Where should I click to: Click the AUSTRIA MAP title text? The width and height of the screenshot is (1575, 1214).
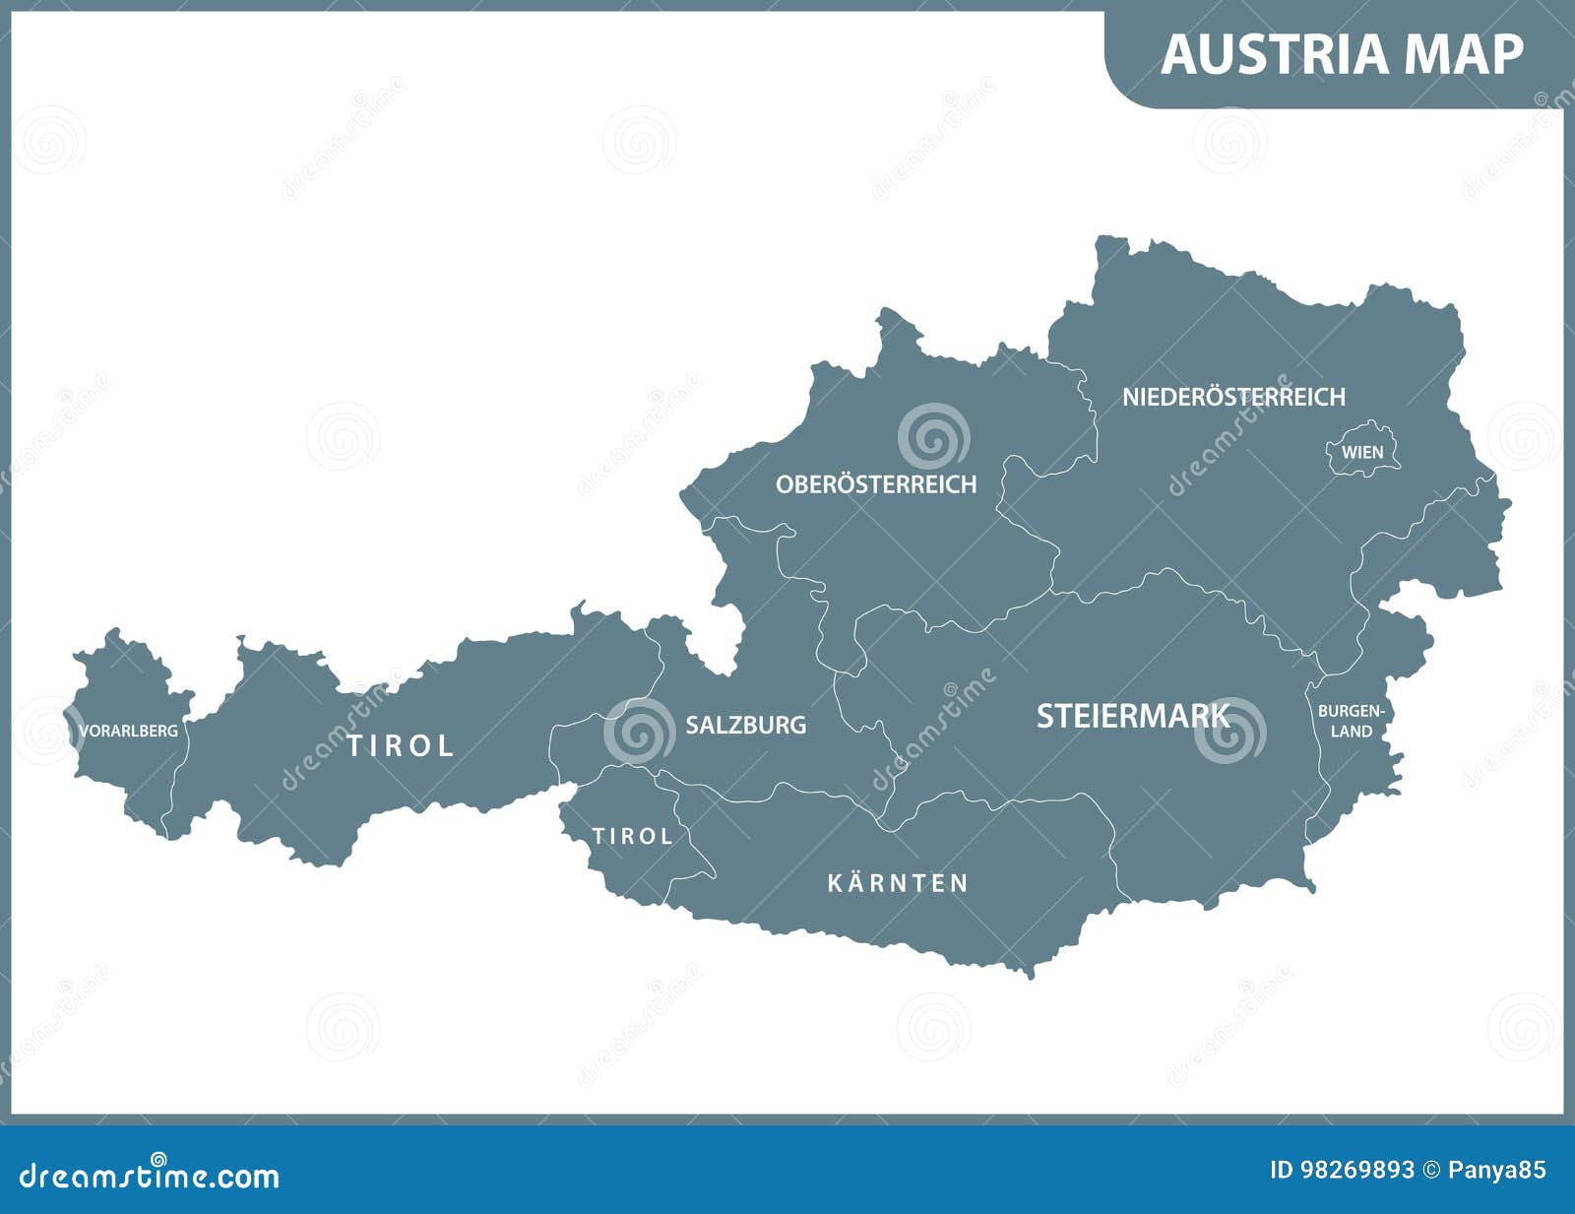[x=1342, y=54]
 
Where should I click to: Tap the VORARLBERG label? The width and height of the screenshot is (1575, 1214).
[x=129, y=731]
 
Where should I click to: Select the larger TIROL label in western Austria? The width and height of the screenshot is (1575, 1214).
[x=400, y=745]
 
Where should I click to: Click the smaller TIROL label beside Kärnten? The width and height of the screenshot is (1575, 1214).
[x=632, y=836]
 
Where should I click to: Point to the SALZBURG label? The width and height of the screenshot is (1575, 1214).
[x=745, y=725]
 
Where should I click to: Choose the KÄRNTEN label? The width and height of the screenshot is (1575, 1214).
[x=898, y=882]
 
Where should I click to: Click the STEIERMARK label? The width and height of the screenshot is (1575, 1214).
[x=1132, y=716]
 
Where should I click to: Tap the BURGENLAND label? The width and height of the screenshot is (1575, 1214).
[x=1352, y=721]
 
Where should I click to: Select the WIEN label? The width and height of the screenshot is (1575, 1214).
[x=1362, y=453]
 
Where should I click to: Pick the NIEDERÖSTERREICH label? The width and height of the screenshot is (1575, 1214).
[x=1233, y=397]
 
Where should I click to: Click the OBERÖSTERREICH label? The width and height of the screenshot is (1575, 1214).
[x=876, y=484]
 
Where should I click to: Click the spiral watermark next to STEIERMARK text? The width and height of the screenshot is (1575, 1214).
[x=1230, y=731]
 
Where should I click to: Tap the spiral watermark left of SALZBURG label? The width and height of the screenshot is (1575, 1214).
[x=639, y=732]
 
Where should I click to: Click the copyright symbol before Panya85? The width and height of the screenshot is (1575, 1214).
[x=1434, y=1170]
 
